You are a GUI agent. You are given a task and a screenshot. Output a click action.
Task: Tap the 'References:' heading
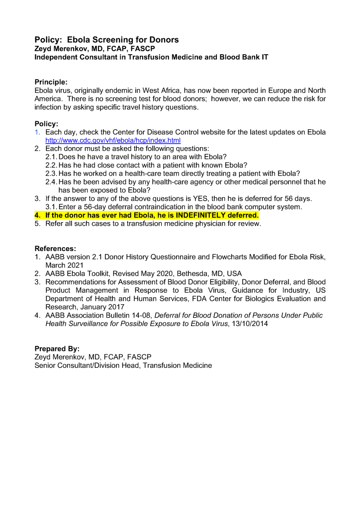[x=55, y=249]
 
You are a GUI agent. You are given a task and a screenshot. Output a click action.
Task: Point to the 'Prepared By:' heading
[x=57, y=349]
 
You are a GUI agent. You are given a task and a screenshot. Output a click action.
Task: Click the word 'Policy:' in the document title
[x=49, y=39]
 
